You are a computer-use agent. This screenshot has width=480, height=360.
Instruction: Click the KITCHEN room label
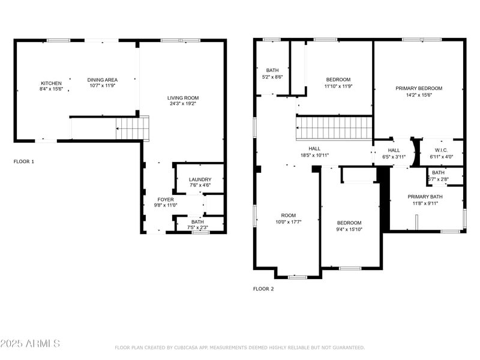tap(51, 83)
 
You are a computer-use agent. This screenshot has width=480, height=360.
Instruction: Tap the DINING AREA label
tap(103, 80)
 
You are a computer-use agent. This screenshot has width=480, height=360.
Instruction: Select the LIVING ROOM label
tap(183, 98)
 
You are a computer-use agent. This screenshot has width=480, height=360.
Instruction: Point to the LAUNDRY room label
tap(200, 179)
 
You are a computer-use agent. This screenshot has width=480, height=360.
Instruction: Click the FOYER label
tap(166, 199)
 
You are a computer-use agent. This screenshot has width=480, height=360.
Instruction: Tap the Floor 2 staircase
tap(334, 128)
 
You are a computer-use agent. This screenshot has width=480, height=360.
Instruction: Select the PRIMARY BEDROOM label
tap(419, 88)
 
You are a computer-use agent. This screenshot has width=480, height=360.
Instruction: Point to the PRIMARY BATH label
tap(425, 197)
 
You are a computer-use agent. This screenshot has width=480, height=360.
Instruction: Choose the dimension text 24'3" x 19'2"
tap(183, 104)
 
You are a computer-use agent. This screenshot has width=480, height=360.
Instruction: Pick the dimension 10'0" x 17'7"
tap(289, 221)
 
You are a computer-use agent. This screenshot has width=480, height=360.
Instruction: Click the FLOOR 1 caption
tap(24, 161)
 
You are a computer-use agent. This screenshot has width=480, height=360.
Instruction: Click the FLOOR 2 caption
tap(263, 289)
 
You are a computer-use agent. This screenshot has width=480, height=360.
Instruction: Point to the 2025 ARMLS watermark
tap(30, 344)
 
